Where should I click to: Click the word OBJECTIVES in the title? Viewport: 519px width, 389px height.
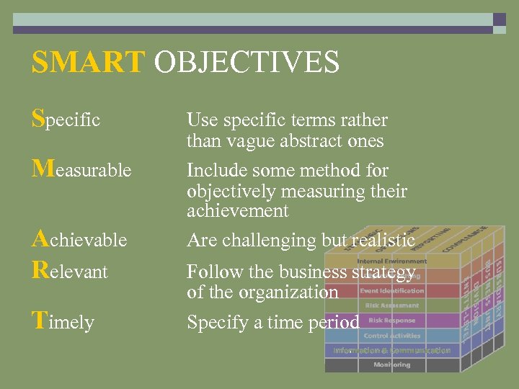point(247,62)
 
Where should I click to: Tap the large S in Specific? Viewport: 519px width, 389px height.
point(38,117)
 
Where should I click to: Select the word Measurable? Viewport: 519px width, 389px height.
point(81,169)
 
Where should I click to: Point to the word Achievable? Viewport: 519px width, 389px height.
point(79,238)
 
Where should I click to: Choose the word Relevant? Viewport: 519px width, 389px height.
point(69,272)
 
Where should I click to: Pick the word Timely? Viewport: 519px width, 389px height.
point(63,321)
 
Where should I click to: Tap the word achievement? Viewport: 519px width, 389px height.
point(237,211)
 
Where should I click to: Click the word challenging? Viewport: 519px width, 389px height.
point(275,240)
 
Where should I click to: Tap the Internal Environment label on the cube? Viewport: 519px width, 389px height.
point(391,261)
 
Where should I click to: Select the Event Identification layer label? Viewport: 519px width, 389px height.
point(391,291)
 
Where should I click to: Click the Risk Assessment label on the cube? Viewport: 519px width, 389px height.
point(391,305)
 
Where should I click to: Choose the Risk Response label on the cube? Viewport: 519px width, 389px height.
point(391,321)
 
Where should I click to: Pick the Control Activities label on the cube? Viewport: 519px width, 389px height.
point(391,336)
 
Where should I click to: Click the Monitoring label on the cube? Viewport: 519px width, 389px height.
point(391,365)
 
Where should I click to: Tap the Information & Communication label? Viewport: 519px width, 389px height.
point(391,350)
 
